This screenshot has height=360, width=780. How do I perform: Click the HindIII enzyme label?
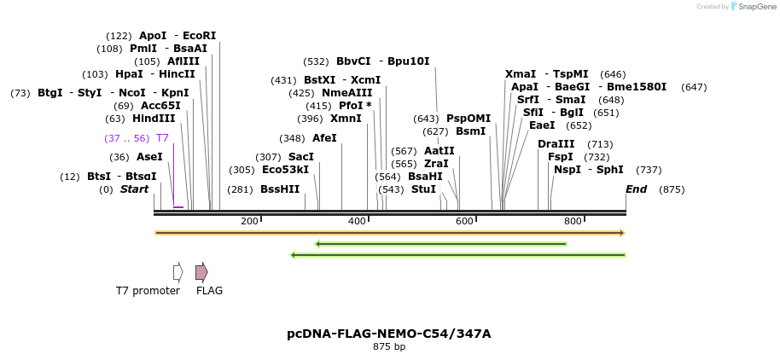154,119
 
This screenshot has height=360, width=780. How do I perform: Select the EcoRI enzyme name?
200,36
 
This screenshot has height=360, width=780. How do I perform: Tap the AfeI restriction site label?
324,137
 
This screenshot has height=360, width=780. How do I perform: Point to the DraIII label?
556,144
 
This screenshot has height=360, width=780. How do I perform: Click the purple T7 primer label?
163,138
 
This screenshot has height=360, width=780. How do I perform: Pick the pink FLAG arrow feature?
201,272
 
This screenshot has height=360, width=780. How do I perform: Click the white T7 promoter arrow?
178,272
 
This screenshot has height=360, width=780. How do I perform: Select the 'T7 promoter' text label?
148,290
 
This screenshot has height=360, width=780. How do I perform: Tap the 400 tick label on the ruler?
358,221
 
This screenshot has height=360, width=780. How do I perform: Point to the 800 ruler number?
573,221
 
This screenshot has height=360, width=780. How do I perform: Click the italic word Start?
134,189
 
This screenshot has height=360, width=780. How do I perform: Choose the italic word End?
637,189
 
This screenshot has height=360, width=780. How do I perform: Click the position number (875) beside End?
672,189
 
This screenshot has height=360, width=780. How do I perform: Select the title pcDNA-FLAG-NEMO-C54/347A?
389,334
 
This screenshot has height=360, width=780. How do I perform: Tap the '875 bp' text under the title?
389,346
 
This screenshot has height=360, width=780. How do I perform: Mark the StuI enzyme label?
424,189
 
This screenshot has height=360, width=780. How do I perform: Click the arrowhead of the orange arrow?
622,233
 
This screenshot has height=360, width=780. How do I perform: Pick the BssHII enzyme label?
280,189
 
